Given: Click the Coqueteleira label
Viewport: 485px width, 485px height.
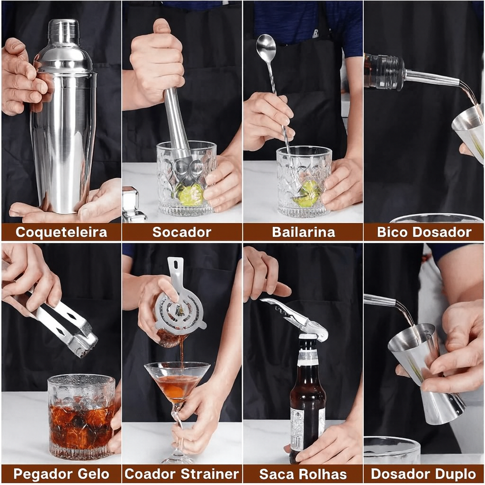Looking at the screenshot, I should click(x=61, y=232).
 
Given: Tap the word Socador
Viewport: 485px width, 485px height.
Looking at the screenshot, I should click(x=182, y=232).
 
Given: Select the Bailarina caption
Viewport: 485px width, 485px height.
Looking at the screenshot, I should click(x=303, y=232).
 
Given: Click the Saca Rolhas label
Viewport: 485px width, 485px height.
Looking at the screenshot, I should click(x=303, y=474).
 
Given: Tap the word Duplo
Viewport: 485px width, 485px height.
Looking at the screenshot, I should click(x=452, y=474).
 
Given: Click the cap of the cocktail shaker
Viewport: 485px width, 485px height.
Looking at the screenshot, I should click(x=63, y=31).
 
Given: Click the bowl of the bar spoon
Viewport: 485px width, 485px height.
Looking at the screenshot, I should click(x=266, y=48).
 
